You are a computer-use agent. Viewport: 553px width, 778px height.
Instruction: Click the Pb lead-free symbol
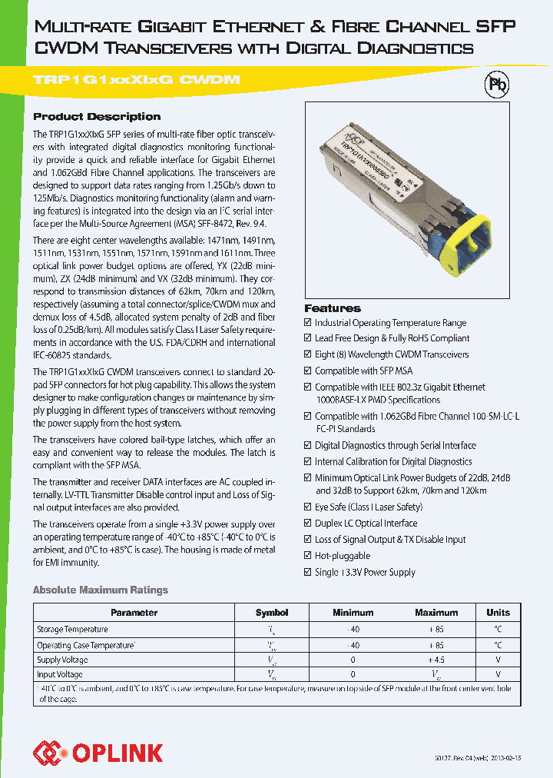[x=498, y=85]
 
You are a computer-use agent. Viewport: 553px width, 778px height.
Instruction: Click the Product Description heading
[x=97, y=117]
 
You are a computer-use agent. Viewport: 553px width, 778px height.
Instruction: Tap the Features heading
[x=332, y=308]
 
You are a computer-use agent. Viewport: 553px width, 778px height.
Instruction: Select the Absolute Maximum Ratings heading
[x=100, y=590]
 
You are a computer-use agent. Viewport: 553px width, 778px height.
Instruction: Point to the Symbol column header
[x=272, y=613]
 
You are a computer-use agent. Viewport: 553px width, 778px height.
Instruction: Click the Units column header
[x=498, y=613]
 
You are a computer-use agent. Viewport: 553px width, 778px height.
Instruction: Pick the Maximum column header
[x=436, y=613]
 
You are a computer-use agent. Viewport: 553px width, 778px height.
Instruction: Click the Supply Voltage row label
[x=62, y=660]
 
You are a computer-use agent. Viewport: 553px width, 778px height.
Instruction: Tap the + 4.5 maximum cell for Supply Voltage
[x=436, y=660]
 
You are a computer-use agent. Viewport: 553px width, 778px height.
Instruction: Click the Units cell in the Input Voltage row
[x=498, y=674]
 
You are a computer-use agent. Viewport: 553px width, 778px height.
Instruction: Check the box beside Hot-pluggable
[x=308, y=556]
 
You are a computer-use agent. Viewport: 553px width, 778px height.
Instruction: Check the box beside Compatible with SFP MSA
[x=308, y=371]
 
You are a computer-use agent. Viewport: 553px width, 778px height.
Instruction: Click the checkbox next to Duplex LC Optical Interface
[x=308, y=524]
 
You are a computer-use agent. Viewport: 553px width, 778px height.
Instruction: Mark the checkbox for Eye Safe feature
[x=308, y=507]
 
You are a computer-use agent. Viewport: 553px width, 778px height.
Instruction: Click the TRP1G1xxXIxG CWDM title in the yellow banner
[x=137, y=80]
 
